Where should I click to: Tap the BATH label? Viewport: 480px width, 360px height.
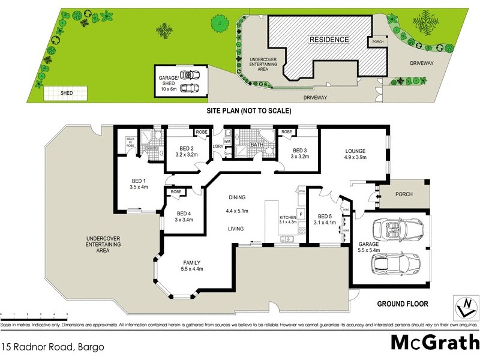(257, 144)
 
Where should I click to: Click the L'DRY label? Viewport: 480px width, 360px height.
(217, 146)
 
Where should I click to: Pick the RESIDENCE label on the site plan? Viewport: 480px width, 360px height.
(329, 40)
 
